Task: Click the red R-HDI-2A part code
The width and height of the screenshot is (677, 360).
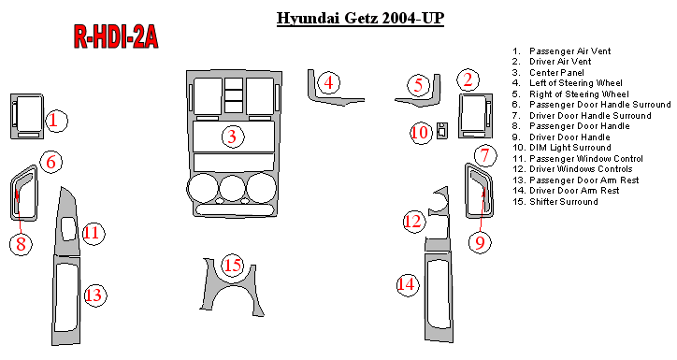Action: (116, 36)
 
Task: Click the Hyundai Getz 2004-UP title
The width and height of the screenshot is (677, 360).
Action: (360, 19)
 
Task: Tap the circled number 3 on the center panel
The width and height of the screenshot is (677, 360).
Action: (233, 137)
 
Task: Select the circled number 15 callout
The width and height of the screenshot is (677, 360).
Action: (233, 265)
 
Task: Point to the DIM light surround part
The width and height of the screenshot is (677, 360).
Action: (441, 131)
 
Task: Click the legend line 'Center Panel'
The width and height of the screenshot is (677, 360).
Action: (548, 73)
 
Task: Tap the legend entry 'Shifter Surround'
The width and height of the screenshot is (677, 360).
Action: (555, 202)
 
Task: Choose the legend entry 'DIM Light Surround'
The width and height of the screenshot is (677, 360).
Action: (562, 148)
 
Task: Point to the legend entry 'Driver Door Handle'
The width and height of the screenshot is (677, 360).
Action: (561, 137)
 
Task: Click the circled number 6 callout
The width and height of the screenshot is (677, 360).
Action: (51, 163)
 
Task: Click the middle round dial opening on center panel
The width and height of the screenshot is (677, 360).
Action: (233, 188)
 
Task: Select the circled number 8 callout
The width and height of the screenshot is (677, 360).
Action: (21, 244)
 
